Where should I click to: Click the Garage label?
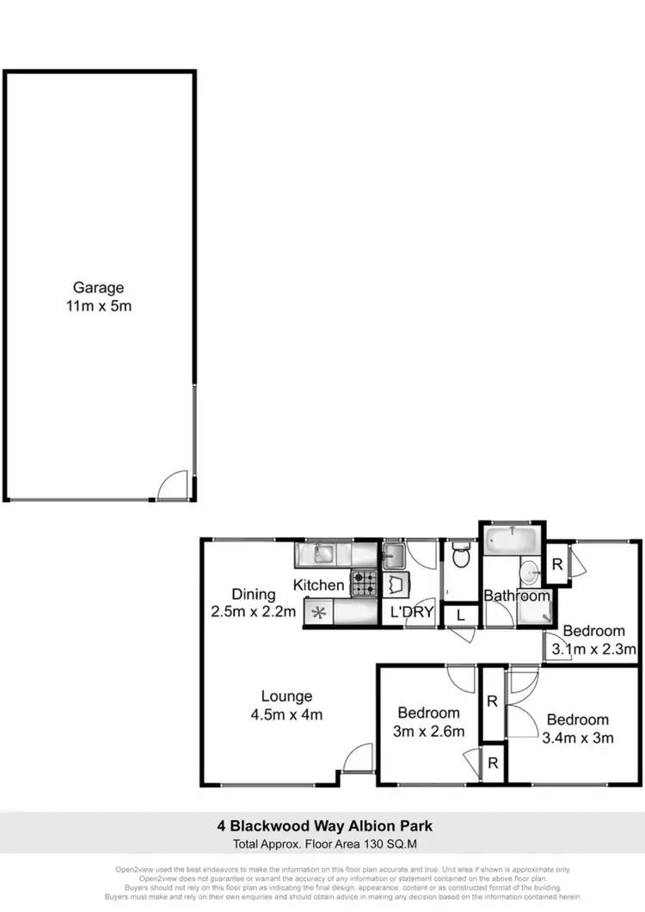(x=98, y=288)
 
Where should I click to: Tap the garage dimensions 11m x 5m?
(x=98, y=306)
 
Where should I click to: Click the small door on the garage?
(x=172, y=485)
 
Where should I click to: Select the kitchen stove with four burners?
(x=364, y=585)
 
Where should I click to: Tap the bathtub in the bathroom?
(x=511, y=542)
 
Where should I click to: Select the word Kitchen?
(x=319, y=585)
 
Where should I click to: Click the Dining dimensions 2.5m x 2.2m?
(x=254, y=612)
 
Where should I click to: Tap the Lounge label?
(x=288, y=696)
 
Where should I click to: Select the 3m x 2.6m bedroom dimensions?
(x=429, y=731)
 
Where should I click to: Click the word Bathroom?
(x=516, y=595)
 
